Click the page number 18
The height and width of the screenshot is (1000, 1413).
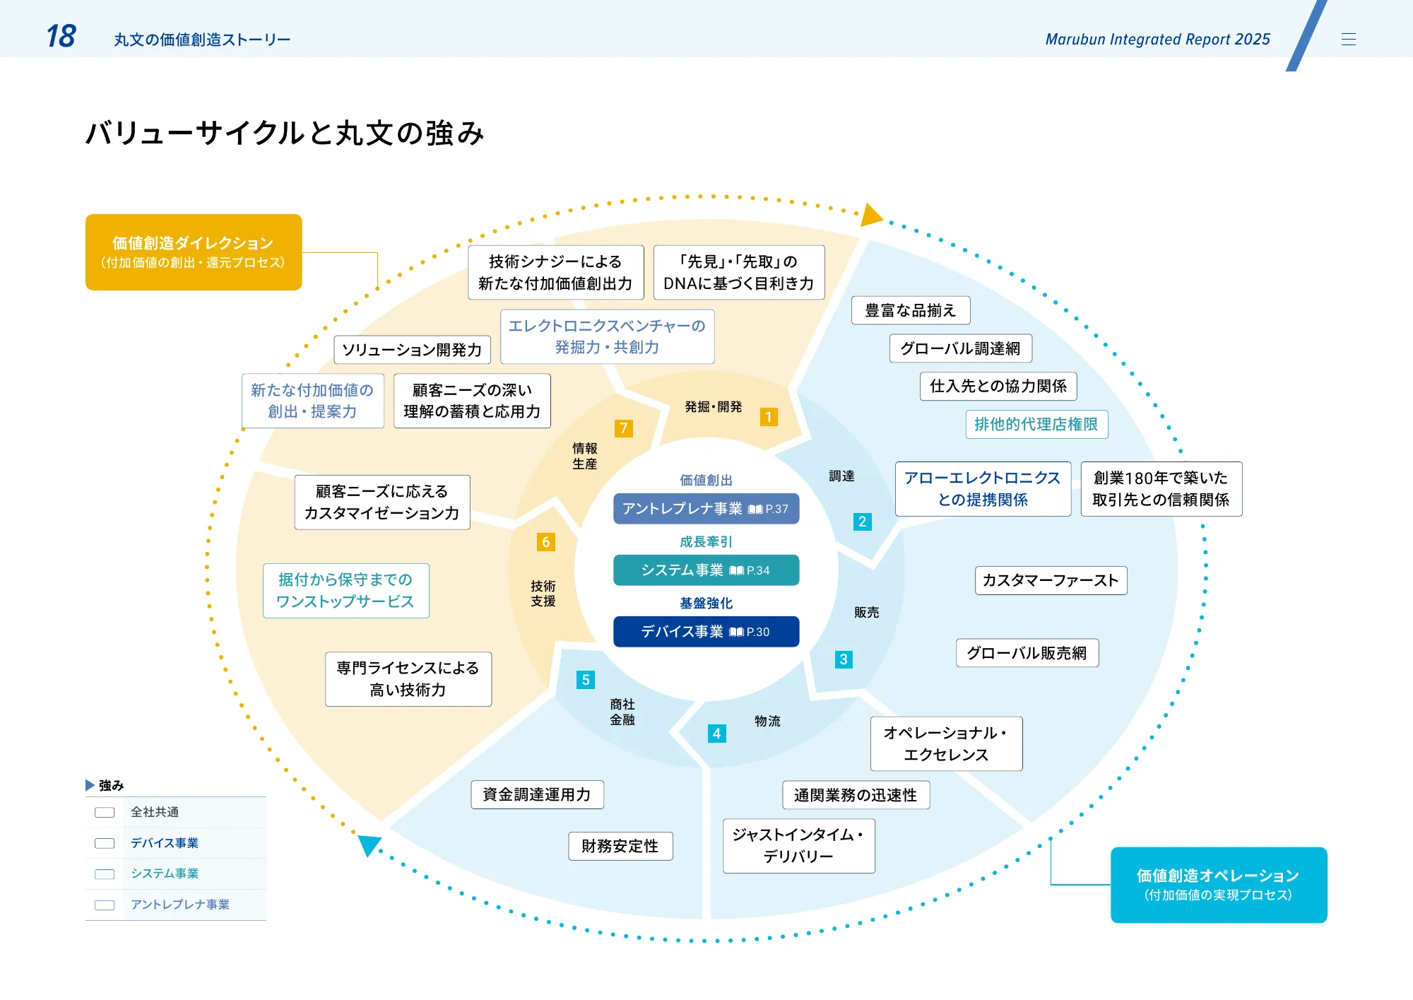coord(61,37)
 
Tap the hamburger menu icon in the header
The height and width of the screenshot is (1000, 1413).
coord(1348,40)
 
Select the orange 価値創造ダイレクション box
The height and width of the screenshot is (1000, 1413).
coord(194,252)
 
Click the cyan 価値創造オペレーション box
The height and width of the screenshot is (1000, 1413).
coord(1218,885)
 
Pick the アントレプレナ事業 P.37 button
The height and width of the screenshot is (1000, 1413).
coord(706,509)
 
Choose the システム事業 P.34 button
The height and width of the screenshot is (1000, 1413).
coord(706,570)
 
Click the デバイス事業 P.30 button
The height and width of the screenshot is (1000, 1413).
coord(706,632)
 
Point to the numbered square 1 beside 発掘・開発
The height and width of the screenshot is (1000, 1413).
coord(769,417)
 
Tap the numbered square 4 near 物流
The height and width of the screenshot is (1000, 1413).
coord(716,734)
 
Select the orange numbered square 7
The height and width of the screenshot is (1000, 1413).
coord(623,428)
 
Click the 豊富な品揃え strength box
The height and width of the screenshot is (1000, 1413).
coord(910,311)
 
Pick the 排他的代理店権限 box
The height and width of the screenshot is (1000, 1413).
coord(1036,425)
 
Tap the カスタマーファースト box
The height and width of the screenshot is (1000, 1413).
coord(1051,581)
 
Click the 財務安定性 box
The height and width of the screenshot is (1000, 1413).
coord(620,847)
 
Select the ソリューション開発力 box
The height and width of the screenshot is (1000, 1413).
coord(412,350)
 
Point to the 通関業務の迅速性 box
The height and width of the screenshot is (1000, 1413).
coord(856,796)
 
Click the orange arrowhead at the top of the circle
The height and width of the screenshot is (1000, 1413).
coord(871,215)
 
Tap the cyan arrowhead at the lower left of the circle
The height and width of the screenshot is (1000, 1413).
coord(369,845)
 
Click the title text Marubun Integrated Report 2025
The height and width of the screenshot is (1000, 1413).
coord(1157,40)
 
